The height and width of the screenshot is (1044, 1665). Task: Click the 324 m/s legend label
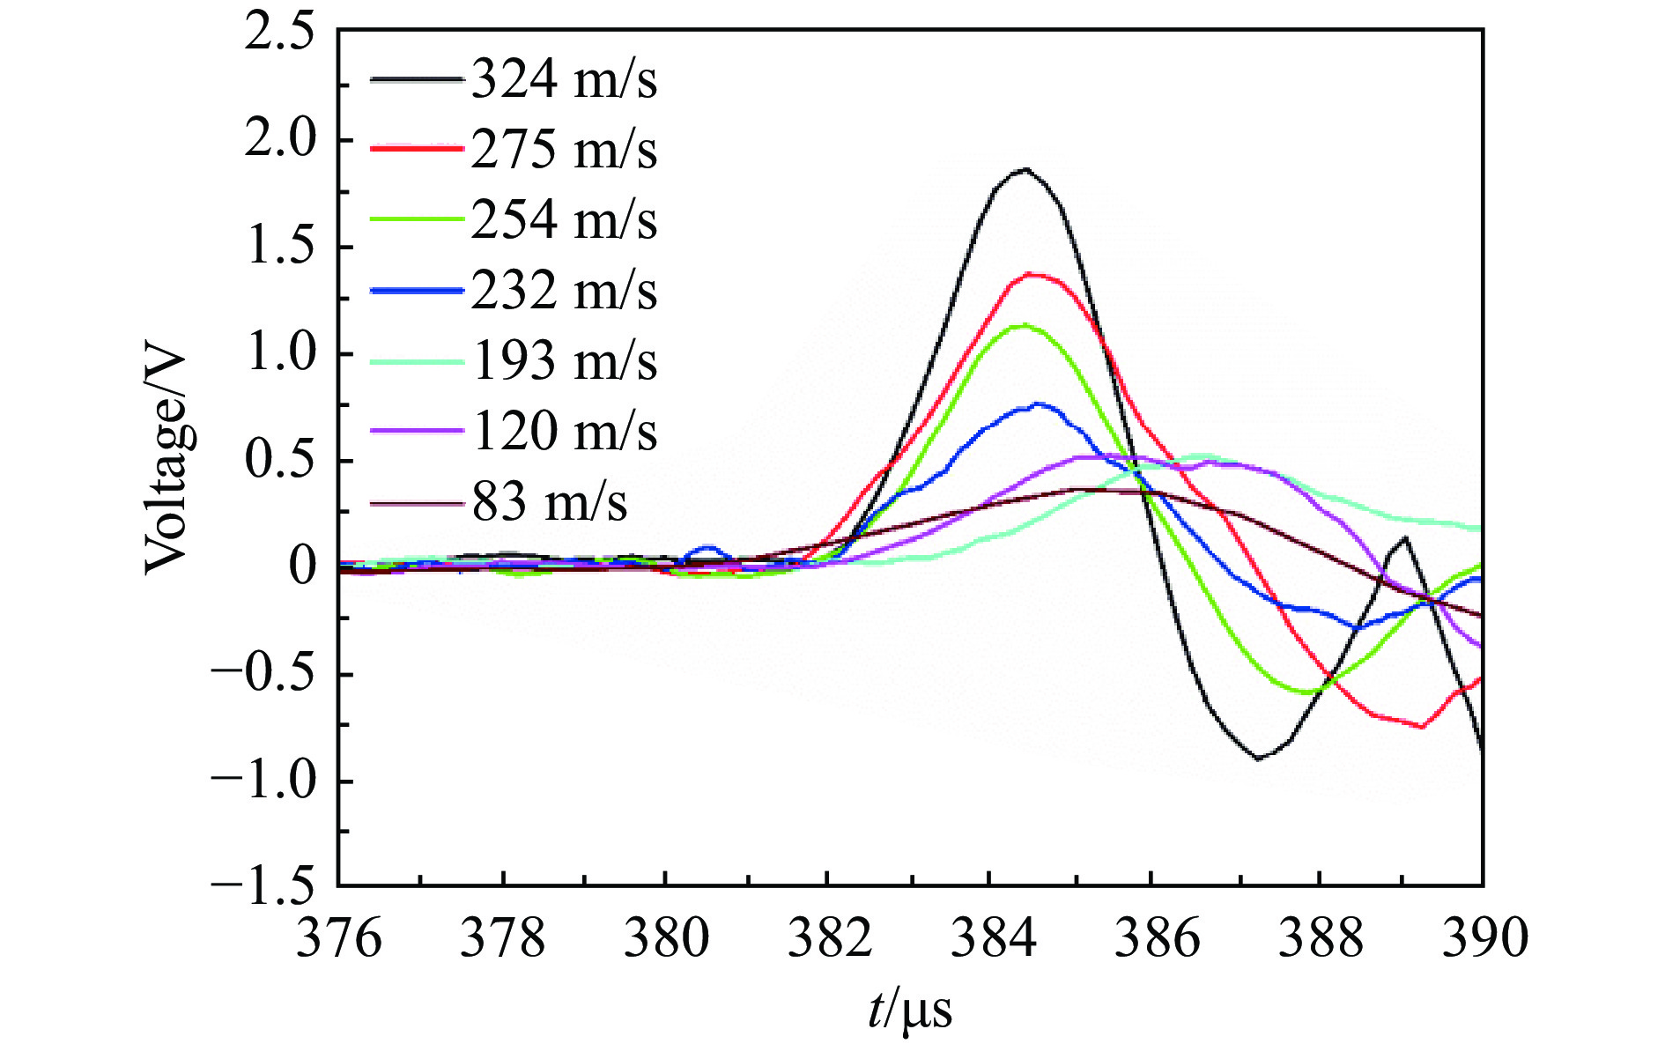tap(564, 80)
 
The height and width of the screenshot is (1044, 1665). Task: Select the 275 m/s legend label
tap(564, 150)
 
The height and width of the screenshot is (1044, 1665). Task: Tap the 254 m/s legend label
tap(564, 219)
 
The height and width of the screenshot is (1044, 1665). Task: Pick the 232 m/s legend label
tap(564, 291)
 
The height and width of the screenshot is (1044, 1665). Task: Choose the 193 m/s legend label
tap(564, 361)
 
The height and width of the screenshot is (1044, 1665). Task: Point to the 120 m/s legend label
tap(564, 432)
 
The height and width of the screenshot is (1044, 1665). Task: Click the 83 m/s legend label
tap(550, 502)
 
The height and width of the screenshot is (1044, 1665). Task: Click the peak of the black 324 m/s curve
tap(1025, 168)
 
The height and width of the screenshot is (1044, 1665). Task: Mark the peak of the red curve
tap(1029, 274)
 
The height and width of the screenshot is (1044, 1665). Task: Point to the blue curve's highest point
tap(1040, 404)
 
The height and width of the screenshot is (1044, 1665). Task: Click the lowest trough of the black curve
tap(1258, 759)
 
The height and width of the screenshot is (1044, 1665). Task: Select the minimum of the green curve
tap(1309, 692)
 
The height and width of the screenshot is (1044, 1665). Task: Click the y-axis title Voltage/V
tap(166, 462)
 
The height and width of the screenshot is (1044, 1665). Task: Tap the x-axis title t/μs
tap(909, 1010)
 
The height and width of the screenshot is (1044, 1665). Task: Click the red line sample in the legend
tap(416, 150)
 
